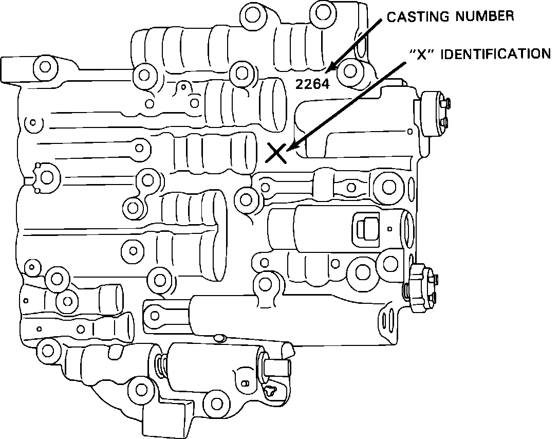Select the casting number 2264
(x=312, y=84)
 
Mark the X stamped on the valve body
(x=276, y=153)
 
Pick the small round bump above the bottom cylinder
(x=220, y=338)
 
